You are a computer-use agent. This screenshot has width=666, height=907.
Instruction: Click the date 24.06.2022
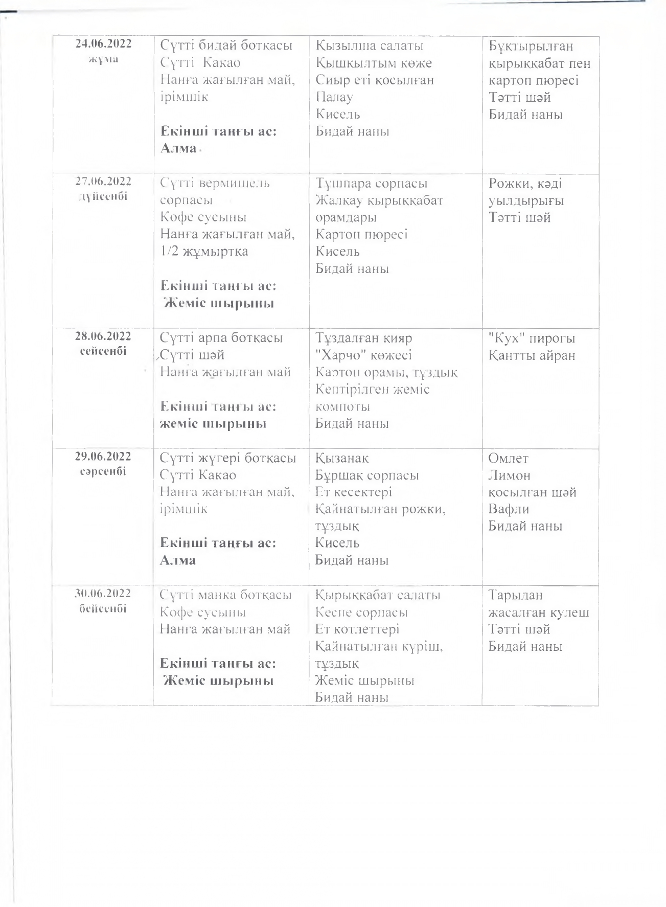[x=103, y=43]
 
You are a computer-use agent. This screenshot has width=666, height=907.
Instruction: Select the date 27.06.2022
[x=103, y=182]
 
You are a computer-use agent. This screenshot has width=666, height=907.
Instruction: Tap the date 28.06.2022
[x=103, y=336]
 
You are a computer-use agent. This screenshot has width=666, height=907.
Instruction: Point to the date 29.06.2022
[x=103, y=457]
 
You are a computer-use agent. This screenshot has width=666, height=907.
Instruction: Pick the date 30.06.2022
[x=103, y=594]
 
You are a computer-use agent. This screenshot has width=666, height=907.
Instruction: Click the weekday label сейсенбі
[x=103, y=351]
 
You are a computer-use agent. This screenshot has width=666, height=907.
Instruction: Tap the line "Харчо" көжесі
[x=363, y=355]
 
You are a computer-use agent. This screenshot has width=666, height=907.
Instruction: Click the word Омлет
[x=508, y=458]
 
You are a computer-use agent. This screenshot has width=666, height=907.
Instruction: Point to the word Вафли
[x=509, y=509]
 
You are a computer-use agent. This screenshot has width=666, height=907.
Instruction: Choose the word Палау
[x=334, y=97]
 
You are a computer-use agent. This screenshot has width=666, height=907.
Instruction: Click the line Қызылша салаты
[x=369, y=46]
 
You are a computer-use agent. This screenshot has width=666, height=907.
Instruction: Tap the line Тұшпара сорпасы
[x=371, y=184]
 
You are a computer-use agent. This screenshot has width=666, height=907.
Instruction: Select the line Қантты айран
[x=532, y=355]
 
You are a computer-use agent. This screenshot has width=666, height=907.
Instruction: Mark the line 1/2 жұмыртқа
[x=204, y=252]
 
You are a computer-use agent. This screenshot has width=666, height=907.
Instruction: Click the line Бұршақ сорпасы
[x=367, y=475]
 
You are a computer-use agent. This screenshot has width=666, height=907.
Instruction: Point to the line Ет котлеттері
[x=357, y=629]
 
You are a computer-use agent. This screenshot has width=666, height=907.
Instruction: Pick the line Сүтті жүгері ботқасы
[x=228, y=458]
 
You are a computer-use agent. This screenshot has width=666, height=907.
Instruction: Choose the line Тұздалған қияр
[x=363, y=338]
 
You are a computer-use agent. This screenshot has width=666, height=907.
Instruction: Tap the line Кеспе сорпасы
[x=361, y=613]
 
